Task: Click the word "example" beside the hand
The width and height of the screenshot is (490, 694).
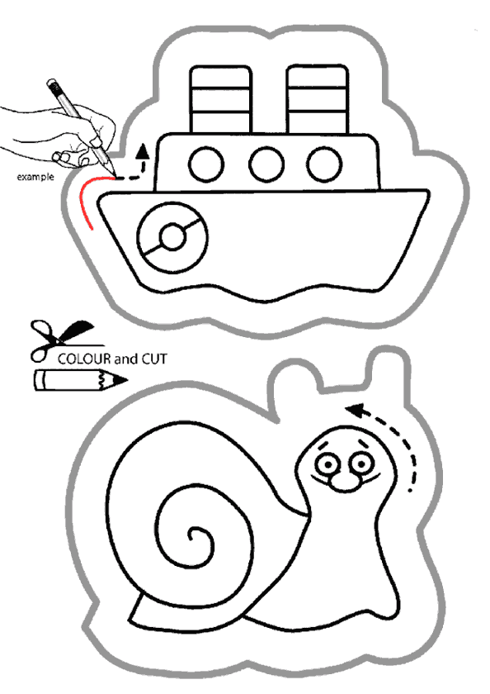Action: click(35, 177)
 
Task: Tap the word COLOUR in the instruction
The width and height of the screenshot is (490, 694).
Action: click(84, 359)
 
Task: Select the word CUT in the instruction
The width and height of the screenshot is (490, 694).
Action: click(153, 359)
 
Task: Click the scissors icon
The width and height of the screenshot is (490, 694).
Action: click(62, 340)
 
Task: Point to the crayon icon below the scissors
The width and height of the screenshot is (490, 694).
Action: click(80, 380)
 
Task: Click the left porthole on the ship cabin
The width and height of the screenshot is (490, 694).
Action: click(206, 164)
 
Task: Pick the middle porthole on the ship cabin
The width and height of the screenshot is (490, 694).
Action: click(266, 164)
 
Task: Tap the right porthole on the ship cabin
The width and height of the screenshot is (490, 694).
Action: click(325, 164)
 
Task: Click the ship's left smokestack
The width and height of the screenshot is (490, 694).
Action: click(220, 99)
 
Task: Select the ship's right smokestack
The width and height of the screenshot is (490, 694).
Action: click(318, 99)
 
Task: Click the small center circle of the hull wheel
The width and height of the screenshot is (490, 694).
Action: click(172, 238)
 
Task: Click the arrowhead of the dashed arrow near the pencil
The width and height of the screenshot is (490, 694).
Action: click(142, 151)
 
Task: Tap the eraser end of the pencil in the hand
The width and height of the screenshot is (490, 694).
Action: click(53, 84)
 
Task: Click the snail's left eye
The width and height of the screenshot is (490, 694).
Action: click(327, 464)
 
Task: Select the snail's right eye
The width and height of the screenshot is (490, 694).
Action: click(361, 463)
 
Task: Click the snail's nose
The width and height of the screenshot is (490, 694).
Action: click(345, 483)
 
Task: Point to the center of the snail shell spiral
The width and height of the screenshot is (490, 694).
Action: click(193, 536)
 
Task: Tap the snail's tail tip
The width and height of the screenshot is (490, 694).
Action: click(131, 619)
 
